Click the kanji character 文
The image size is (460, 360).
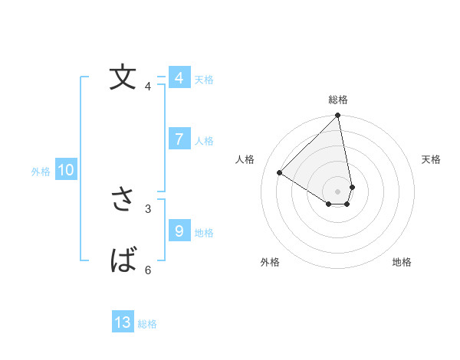click(x=123, y=77)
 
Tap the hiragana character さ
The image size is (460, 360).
click(x=123, y=199)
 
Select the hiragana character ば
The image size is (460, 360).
click(x=123, y=260)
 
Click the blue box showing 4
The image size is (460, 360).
click(x=179, y=78)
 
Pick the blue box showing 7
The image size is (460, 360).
click(x=179, y=139)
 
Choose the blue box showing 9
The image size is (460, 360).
click(x=179, y=231)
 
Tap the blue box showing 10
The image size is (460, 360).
click(x=66, y=170)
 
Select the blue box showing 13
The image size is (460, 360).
click(x=123, y=322)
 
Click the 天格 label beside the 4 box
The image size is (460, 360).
click(x=204, y=80)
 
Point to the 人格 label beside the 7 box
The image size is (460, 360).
click(x=204, y=141)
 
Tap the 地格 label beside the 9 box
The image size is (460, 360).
click(x=204, y=233)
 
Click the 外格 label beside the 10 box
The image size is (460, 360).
click(x=41, y=172)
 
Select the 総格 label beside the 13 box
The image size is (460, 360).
click(x=147, y=325)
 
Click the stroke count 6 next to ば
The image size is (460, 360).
click(x=148, y=270)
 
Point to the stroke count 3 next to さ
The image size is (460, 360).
click(x=148, y=208)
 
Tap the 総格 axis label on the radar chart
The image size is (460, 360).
click(x=338, y=100)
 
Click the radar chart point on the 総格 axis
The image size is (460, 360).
click(x=338, y=116)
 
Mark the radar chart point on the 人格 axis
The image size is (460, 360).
click(x=280, y=172)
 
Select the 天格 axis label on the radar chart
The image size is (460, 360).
click(x=431, y=159)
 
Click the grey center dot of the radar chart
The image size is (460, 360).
click(x=338, y=191)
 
